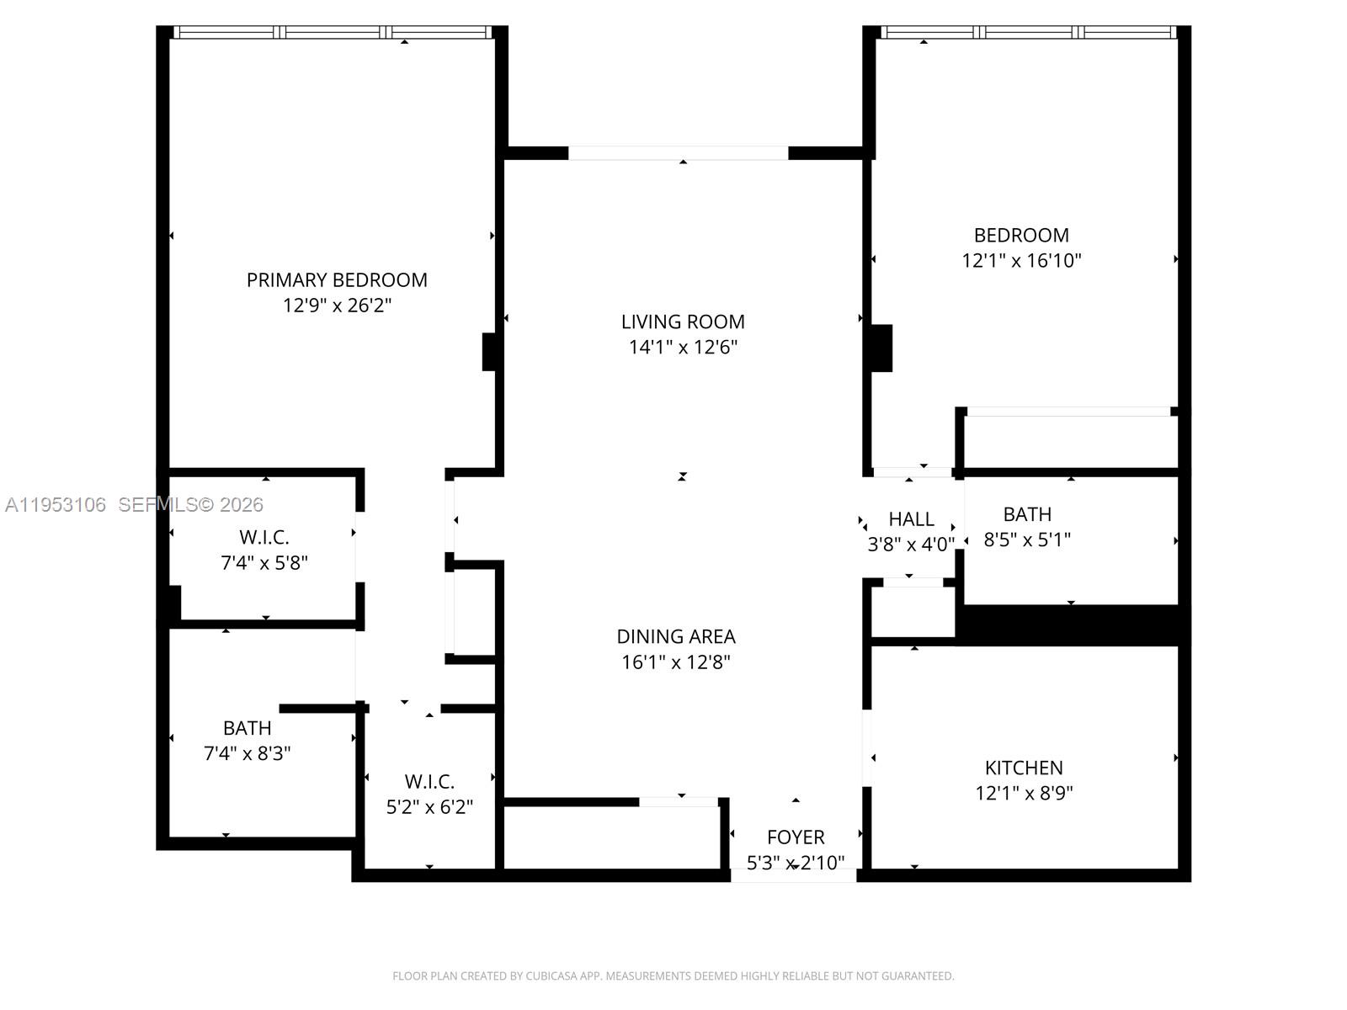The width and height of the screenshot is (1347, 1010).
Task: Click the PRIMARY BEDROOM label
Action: click(337, 279)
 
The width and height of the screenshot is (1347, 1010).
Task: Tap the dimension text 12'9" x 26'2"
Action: click(337, 306)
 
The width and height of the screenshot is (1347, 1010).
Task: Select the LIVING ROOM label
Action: click(683, 322)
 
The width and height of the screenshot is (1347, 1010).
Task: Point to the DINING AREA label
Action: click(676, 636)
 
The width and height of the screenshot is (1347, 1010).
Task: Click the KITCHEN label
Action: click(1024, 768)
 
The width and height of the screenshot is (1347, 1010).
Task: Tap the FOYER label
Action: click(796, 837)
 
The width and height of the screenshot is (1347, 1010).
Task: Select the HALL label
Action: click(911, 519)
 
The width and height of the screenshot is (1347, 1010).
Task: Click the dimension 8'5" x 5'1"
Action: click(1027, 540)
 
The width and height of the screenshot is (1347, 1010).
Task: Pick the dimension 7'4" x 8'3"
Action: click(248, 753)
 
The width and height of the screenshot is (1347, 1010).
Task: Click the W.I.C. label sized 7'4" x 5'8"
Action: click(264, 537)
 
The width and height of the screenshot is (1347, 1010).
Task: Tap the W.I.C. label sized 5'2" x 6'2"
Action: click(429, 782)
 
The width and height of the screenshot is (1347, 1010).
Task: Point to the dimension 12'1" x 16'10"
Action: click(1021, 261)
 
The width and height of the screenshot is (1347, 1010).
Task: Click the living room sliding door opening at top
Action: click(679, 153)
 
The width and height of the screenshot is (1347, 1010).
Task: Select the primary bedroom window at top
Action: click(333, 33)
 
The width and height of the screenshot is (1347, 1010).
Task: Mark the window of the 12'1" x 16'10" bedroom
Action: click(1027, 33)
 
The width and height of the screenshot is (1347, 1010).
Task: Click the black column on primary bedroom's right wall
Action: click(488, 352)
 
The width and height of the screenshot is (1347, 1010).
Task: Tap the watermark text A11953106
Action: click(56, 505)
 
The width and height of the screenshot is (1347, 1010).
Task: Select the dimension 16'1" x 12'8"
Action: click(676, 662)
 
